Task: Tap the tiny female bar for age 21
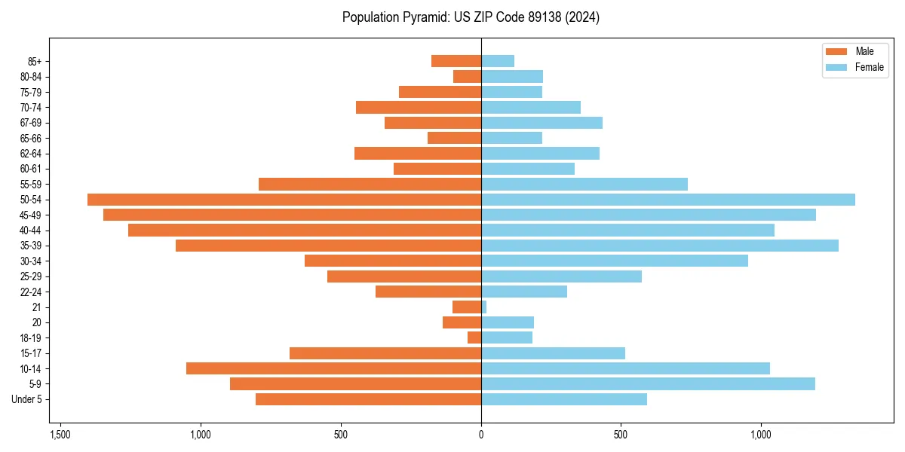pyautogui.click(x=484, y=307)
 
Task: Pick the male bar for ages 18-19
pyautogui.click(x=474, y=338)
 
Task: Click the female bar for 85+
pyautogui.click(x=498, y=61)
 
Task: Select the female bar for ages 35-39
pyautogui.click(x=660, y=246)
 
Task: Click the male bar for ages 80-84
pyautogui.click(x=467, y=77)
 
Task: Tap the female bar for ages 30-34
pyautogui.click(x=615, y=261)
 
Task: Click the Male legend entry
pyautogui.click(x=864, y=51)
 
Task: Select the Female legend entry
pyautogui.click(x=869, y=67)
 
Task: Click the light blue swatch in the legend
pyautogui.click(x=836, y=67)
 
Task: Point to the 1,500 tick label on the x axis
pyautogui.click(x=60, y=435)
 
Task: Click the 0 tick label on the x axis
pyautogui.click(x=481, y=435)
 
